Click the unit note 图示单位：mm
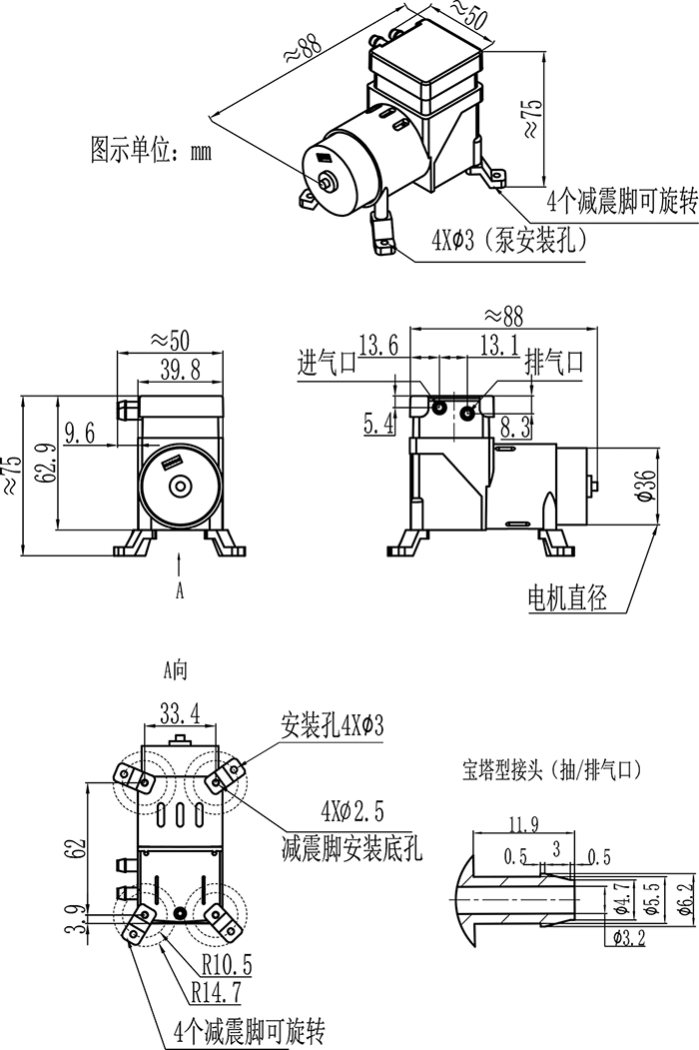[x=151, y=152]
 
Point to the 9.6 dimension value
[x=79, y=432]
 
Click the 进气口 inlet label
[x=327, y=363]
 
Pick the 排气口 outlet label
[x=554, y=363]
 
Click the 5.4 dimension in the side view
[x=378, y=425]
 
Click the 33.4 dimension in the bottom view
[x=180, y=712]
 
